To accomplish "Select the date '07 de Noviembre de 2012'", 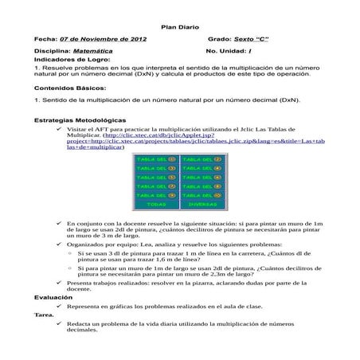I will [104, 38].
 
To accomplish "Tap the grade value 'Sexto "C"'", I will [250, 38].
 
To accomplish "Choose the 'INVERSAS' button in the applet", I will [202, 204].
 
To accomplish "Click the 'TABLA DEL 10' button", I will [202, 194].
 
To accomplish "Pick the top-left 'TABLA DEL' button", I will [157, 158].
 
